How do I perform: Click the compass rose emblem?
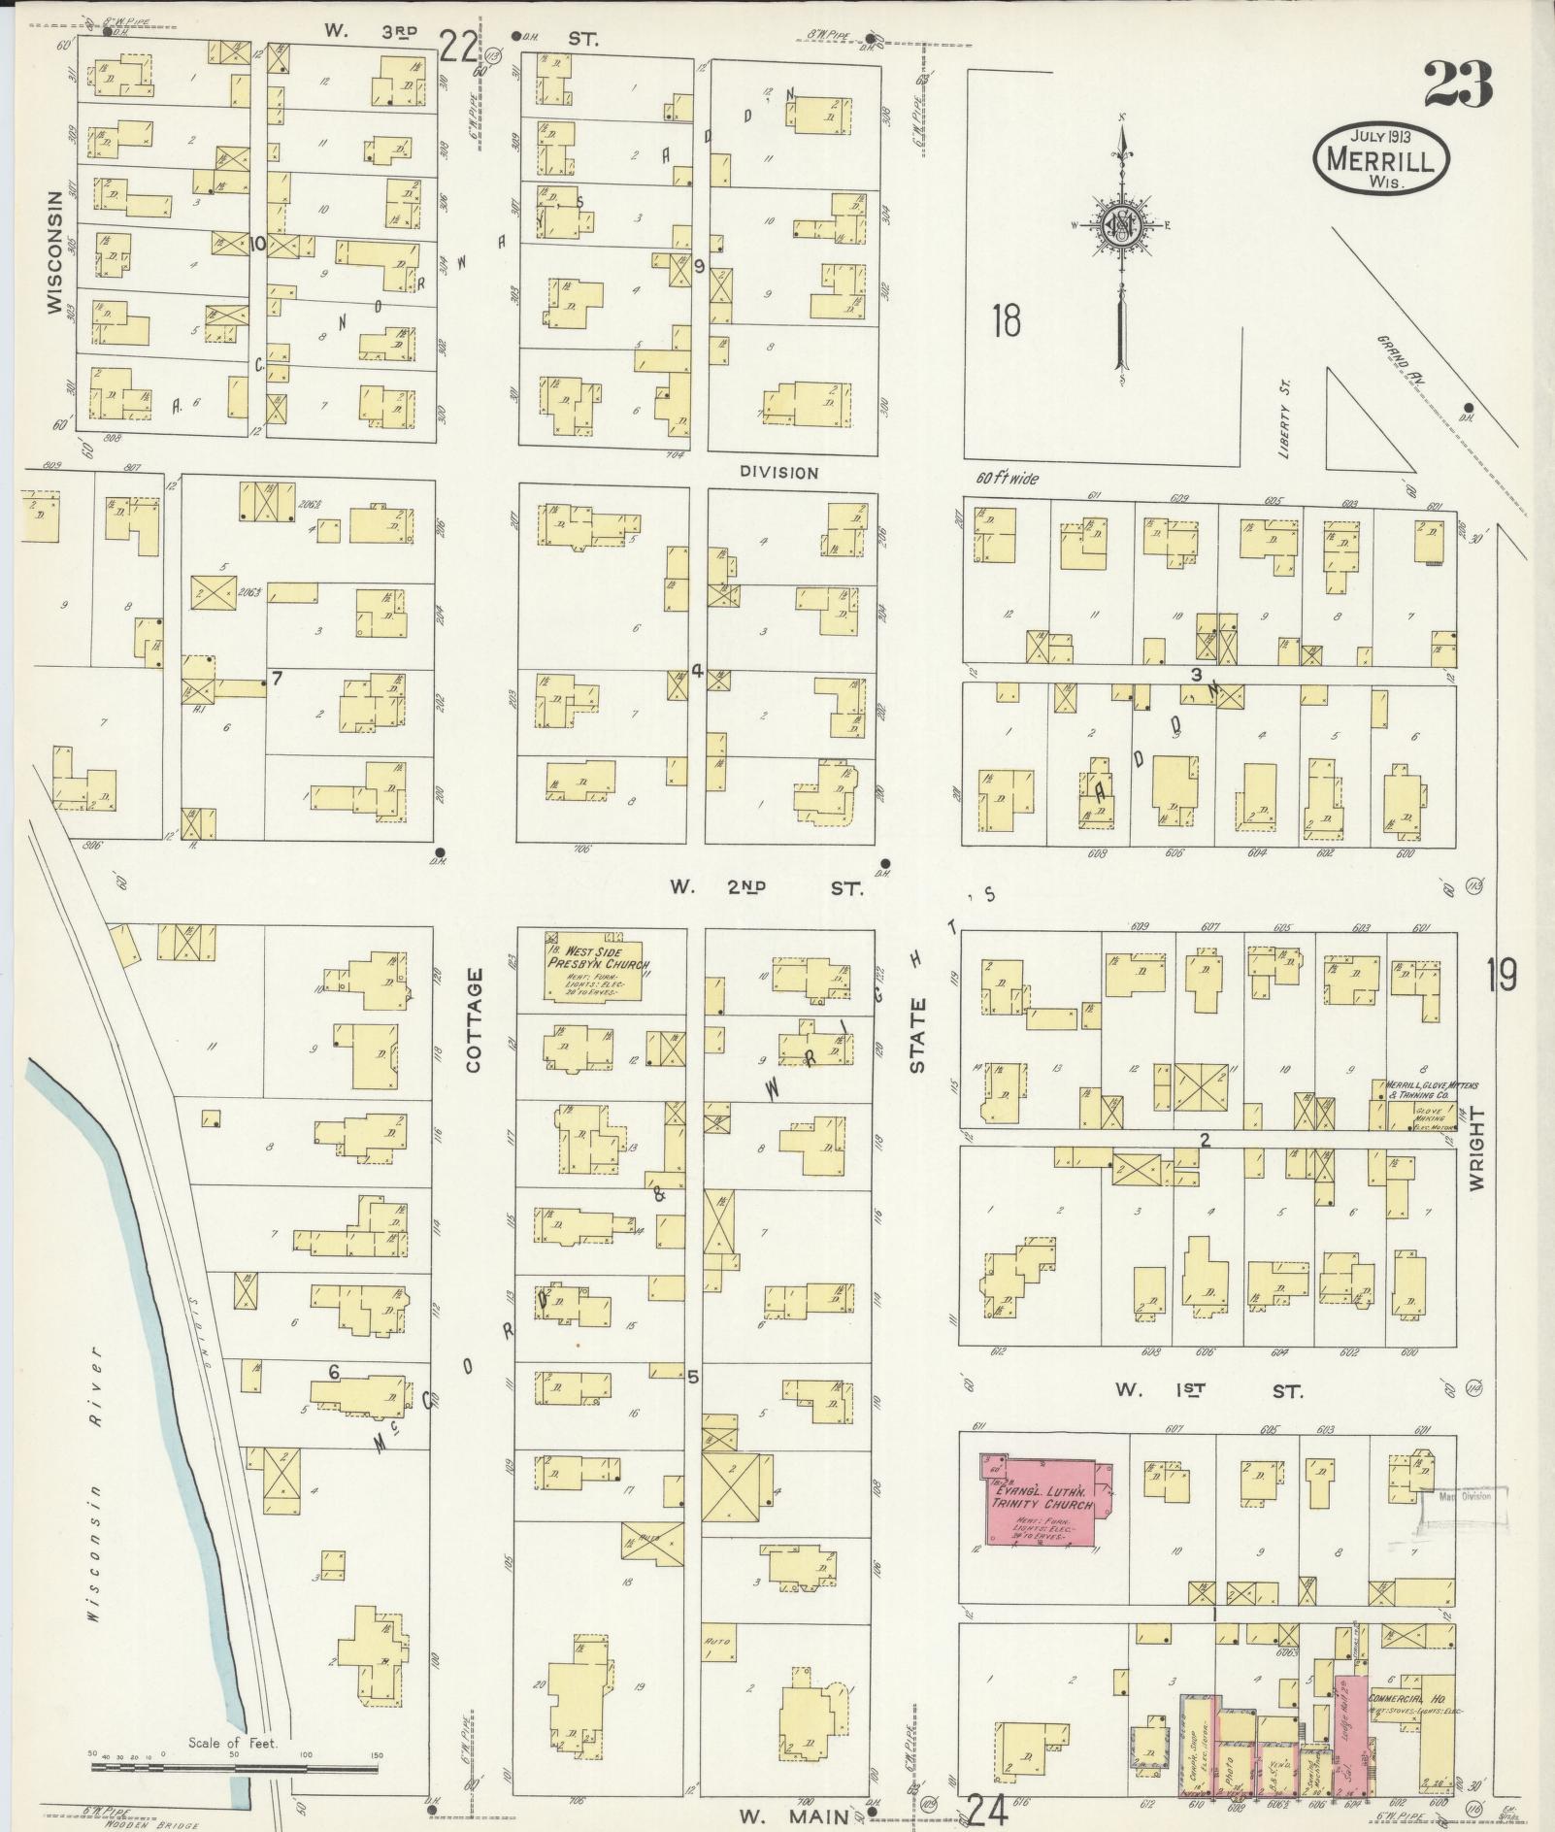1122,225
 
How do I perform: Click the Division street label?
778,473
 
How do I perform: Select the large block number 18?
1007,320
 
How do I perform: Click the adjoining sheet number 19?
1501,975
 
